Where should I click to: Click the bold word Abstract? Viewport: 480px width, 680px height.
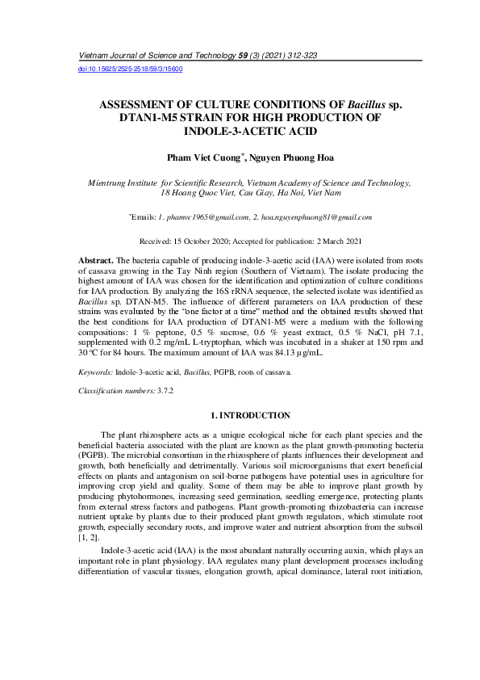tap(95, 262)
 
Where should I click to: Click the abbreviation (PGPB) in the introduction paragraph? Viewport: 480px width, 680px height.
tap(92, 456)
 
